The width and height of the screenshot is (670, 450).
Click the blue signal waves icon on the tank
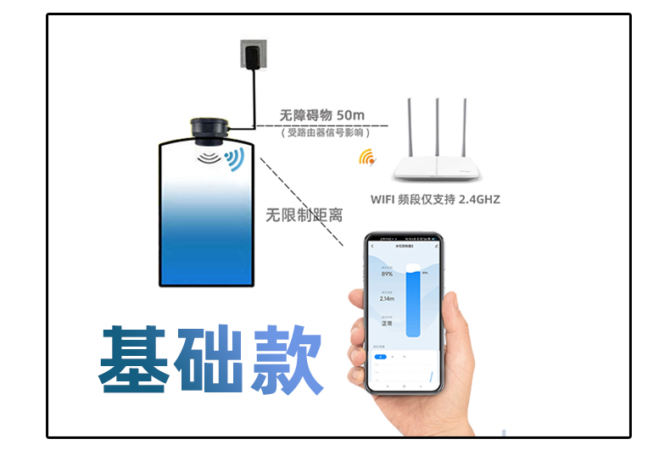234,158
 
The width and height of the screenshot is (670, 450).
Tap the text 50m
350,114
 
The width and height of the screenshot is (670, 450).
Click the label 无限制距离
304,215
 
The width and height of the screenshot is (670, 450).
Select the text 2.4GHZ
478,200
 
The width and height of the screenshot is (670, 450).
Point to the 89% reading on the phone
387,274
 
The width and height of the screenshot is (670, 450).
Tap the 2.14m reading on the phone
388,298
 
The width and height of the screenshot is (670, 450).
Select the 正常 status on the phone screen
387,323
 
